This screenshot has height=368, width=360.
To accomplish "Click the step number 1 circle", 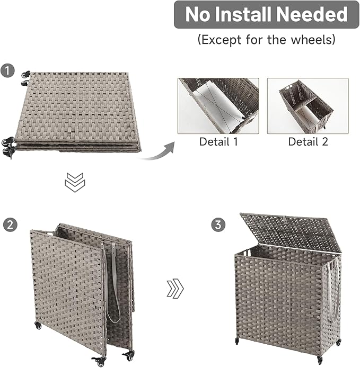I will pyautogui.click(x=7, y=71).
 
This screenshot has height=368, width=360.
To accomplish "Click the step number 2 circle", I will pyautogui.click(x=9, y=225).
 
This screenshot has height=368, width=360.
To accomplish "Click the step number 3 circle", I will pyautogui.click(x=217, y=225).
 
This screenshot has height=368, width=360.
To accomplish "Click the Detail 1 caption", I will pyautogui.click(x=218, y=141).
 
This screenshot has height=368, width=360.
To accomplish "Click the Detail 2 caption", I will pyautogui.click(x=308, y=141).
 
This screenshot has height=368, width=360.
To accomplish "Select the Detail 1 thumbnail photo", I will pyautogui.click(x=218, y=105).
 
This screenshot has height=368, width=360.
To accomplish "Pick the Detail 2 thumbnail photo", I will pyautogui.click(x=308, y=105).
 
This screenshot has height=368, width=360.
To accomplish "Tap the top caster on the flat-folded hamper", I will pyautogui.click(x=24, y=75).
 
